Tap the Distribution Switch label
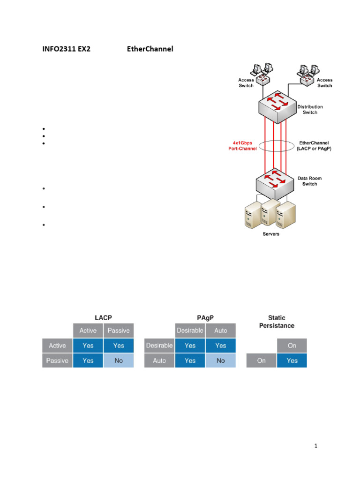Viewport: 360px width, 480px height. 310,110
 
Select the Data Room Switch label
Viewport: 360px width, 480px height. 310,181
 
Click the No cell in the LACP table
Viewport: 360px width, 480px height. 119,360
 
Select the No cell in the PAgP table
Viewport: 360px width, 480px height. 221,360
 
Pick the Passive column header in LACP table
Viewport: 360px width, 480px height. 119,330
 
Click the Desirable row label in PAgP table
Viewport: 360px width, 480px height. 159,345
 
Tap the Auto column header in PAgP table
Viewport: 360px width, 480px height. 221,330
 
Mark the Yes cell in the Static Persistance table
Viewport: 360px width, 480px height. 292,360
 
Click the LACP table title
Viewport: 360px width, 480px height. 103,317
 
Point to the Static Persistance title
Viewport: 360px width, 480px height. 277,322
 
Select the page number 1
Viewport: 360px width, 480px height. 316,446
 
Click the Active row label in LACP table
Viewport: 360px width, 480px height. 57,345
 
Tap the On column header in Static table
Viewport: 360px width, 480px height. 292,345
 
